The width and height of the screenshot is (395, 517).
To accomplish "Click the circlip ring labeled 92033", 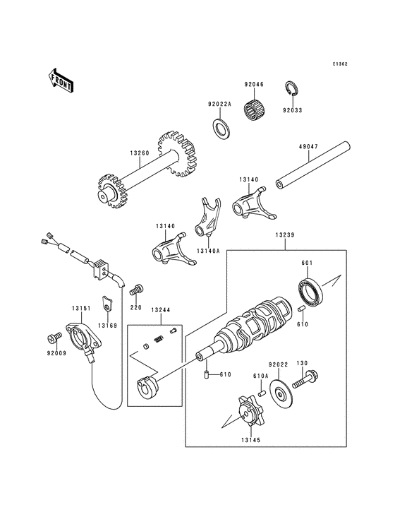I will coord(291,89).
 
